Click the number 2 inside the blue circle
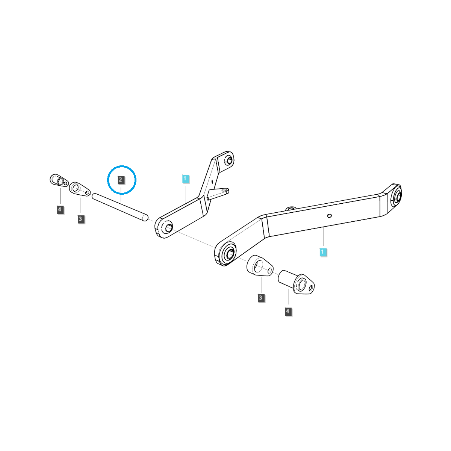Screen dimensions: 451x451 pos(120,180)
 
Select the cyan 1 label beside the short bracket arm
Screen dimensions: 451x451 pos(185,179)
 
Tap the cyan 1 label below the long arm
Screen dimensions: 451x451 pos(323,252)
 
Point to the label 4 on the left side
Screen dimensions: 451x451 pos(60,210)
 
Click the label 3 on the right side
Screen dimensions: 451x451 pos(261,298)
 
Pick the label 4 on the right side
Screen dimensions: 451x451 pos(288,312)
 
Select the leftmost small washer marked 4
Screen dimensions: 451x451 pos(58,180)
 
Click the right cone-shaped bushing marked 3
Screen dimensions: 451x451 pos(259,266)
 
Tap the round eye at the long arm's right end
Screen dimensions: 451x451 pos(398,196)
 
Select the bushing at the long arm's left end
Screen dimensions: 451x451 pos(228,253)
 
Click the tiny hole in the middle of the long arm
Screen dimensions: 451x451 pos(329,216)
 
